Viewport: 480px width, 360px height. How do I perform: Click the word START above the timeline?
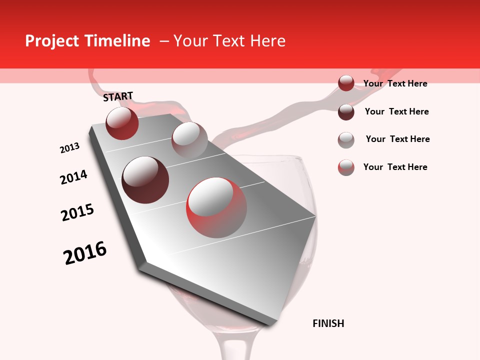[x=118, y=96]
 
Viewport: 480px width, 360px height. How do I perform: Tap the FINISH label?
[x=328, y=323]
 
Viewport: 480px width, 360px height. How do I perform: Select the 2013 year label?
[x=69, y=148]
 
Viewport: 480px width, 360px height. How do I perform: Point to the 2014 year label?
[x=73, y=177]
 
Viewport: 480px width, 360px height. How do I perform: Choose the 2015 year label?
[x=77, y=212]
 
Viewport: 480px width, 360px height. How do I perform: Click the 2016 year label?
[x=85, y=253]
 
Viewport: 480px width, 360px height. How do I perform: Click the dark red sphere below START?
[x=122, y=123]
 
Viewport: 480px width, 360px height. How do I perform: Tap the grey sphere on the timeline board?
[x=189, y=139]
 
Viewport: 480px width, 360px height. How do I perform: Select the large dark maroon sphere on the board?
[x=145, y=179]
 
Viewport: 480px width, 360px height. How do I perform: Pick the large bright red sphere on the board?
[x=216, y=207]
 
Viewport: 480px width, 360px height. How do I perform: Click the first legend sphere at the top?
[x=346, y=83]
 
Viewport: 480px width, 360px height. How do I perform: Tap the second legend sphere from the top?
[x=346, y=112]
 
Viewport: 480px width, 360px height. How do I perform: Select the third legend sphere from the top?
[x=346, y=140]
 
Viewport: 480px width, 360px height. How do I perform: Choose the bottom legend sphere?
[x=346, y=167]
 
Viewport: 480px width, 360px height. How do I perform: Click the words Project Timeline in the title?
[x=87, y=41]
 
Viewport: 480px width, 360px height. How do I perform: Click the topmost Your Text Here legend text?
[x=395, y=83]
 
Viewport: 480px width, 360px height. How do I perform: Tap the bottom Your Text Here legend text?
[x=395, y=167]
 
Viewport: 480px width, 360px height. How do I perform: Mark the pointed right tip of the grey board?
[x=315, y=216]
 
